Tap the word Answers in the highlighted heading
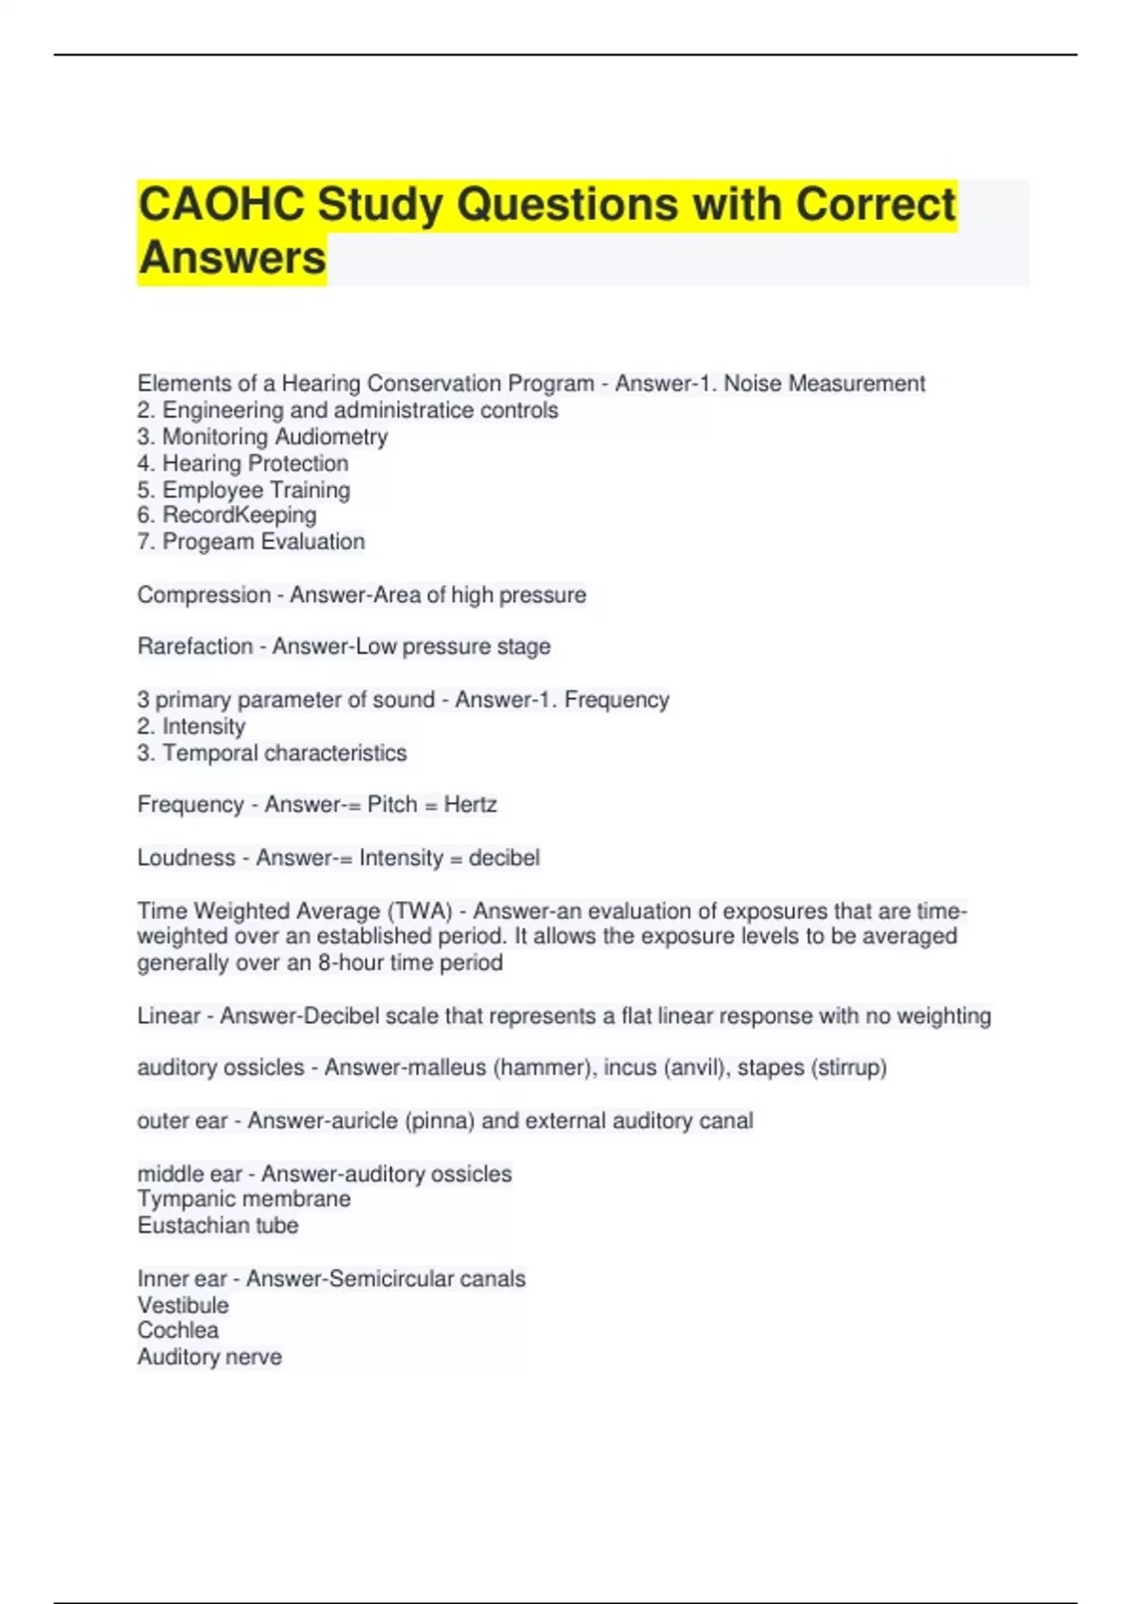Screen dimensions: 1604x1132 pyautogui.click(x=232, y=258)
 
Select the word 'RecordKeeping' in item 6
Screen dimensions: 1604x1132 pyautogui.click(x=240, y=515)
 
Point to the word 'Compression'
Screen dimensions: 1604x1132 pyautogui.click(x=204, y=595)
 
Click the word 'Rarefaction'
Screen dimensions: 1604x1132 pyautogui.click(x=195, y=646)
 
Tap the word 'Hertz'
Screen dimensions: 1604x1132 pyautogui.click(x=470, y=805)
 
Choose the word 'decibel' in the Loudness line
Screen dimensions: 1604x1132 pyautogui.click(x=504, y=858)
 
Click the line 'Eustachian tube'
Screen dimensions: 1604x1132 pyautogui.click(x=218, y=1226)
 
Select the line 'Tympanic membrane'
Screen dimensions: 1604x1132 pyautogui.click(x=243, y=1199)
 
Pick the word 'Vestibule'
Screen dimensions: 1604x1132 pyautogui.click(x=183, y=1306)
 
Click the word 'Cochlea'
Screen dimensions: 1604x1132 pyautogui.click(x=178, y=1330)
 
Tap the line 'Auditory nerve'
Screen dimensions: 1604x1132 pyautogui.click(x=209, y=1357)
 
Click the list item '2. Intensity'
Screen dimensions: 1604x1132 pyautogui.click(x=191, y=727)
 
